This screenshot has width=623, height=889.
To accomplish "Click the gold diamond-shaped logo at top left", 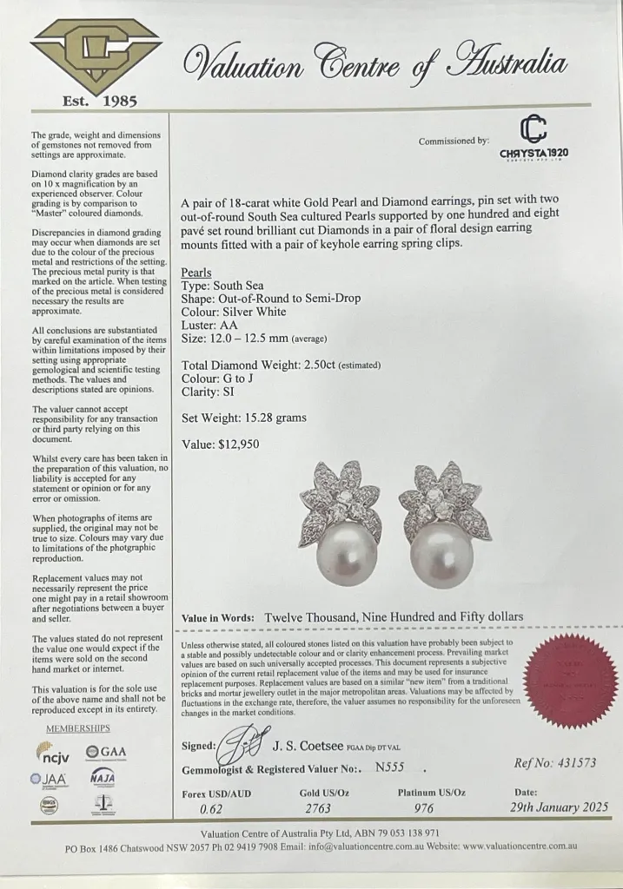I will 96,56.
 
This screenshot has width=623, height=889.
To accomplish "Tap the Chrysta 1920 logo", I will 534,141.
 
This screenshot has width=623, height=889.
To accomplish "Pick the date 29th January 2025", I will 555,807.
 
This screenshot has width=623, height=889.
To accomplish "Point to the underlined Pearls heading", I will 196,273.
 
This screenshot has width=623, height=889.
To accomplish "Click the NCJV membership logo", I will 57,751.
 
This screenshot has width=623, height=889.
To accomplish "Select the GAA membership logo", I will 105,751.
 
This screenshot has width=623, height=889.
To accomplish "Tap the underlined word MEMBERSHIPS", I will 78,728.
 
